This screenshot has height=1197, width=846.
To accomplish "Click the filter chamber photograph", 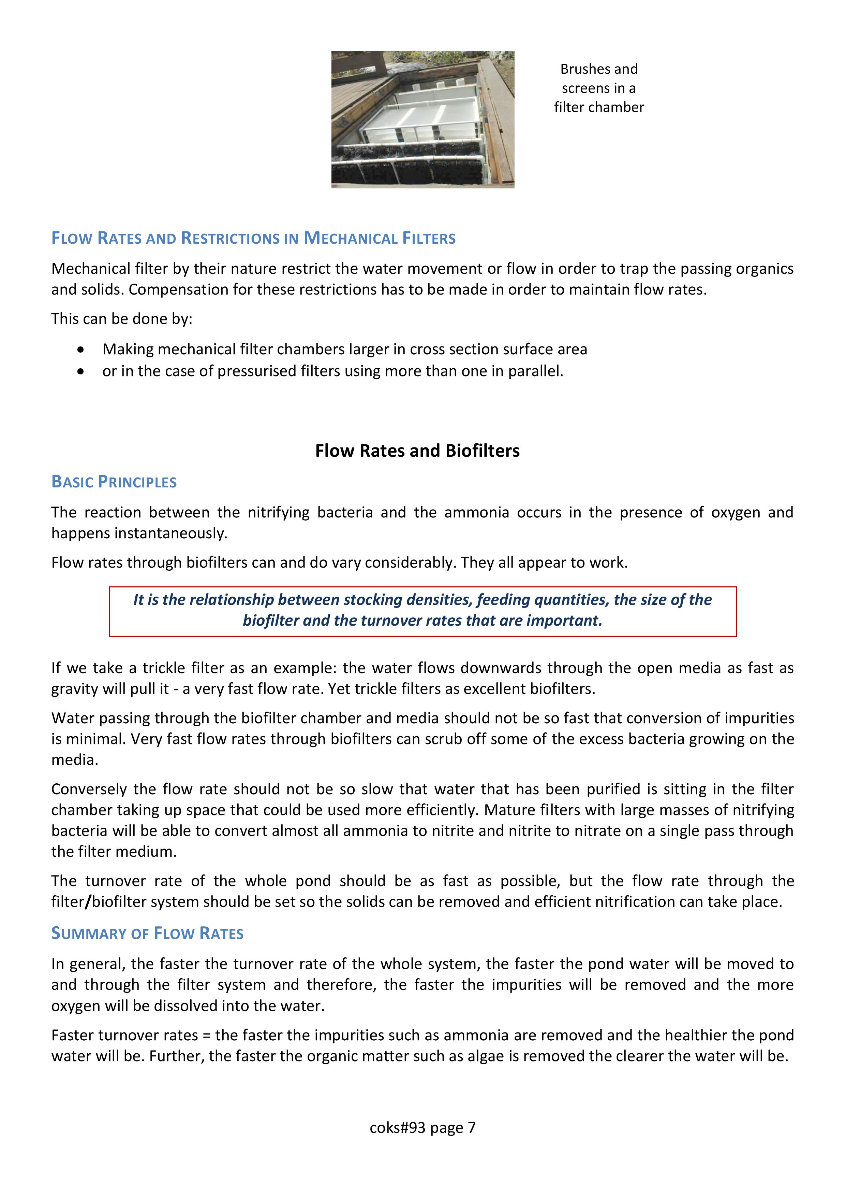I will point(422,119).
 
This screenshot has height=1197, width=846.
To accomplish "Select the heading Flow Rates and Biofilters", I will point(417,451).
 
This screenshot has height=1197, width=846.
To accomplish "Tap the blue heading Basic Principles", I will point(114,482).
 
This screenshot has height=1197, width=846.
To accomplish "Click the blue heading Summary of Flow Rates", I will point(147,933).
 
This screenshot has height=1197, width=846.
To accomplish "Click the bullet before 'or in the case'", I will point(80,372).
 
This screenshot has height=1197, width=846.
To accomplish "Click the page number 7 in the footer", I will point(472,1128).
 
